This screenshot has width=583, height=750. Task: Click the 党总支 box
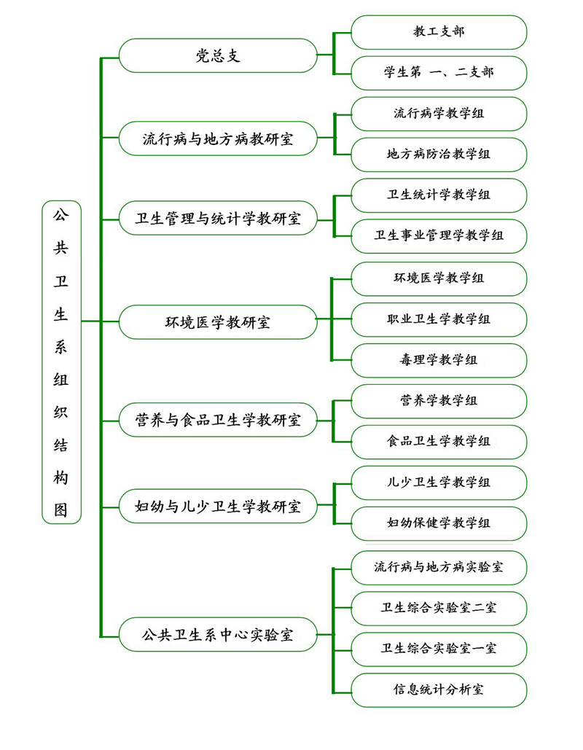click(x=217, y=55)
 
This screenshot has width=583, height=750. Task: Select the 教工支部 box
click(x=439, y=32)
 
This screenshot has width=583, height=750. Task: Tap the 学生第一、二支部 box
click(x=439, y=73)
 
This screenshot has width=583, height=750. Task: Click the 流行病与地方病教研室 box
click(x=217, y=138)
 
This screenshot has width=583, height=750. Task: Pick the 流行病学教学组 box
click(x=439, y=114)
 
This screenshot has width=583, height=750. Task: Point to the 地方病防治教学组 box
click(x=439, y=155)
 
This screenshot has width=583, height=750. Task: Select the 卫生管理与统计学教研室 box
click(x=217, y=218)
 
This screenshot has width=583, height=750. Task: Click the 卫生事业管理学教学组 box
click(x=439, y=236)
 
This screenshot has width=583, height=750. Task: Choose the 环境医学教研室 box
click(x=217, y=322)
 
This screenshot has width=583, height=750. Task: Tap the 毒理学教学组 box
click(x=439, y=360)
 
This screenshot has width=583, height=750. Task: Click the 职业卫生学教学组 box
click(x=439, y=319)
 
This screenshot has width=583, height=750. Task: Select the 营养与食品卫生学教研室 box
click(x=217, y=421)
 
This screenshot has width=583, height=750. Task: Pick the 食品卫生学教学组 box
click(x=439, y=442)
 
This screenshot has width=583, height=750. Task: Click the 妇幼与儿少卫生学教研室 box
click(x=217, y=505)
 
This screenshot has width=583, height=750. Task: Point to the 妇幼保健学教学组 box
click(x=439, y=523)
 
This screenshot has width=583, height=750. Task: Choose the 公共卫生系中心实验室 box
click(x=217, y=634)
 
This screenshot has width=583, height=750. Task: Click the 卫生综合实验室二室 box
click(x=439, y=608)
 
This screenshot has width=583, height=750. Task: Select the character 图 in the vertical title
click(x=61, y=509)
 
